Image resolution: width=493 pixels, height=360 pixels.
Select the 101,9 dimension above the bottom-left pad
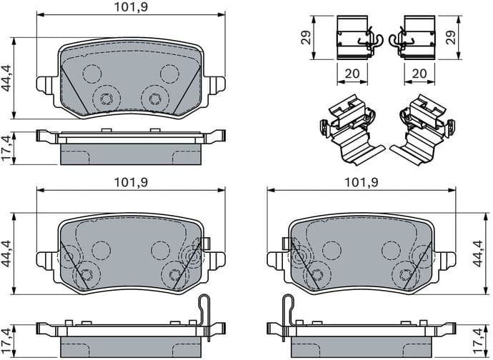[131, 182]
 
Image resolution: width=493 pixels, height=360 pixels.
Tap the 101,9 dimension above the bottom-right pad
[361, 182]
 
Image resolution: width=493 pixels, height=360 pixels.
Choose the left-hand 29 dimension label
[307, 36]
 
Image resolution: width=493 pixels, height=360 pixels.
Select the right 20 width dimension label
[419, 74]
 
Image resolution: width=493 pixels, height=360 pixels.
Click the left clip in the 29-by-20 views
[354, 36]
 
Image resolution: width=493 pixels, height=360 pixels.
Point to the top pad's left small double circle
[106, 99]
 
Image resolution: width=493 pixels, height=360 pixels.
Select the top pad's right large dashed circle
[169, 74]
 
